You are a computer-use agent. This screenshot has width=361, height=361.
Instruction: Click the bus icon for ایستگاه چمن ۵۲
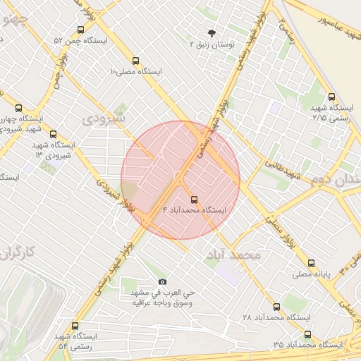(81, 30)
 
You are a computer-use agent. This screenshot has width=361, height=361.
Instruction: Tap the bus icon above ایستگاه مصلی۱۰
(135, 61)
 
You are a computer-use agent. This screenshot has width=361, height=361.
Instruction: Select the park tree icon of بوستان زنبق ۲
(211, 32)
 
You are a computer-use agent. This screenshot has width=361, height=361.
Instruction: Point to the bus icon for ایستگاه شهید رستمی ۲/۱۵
(331, 97)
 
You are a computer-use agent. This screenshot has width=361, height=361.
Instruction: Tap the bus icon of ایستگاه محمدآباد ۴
(194, 199)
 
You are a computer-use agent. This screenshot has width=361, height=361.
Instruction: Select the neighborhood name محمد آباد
(235, 255)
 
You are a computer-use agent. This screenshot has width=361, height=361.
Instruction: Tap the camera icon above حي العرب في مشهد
(163, 282)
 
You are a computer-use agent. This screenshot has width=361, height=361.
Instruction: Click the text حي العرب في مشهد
(163, 293)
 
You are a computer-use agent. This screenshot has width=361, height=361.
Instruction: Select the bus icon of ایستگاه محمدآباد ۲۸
(276, 307)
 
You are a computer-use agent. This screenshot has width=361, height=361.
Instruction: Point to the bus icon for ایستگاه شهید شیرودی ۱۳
(54, 134)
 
